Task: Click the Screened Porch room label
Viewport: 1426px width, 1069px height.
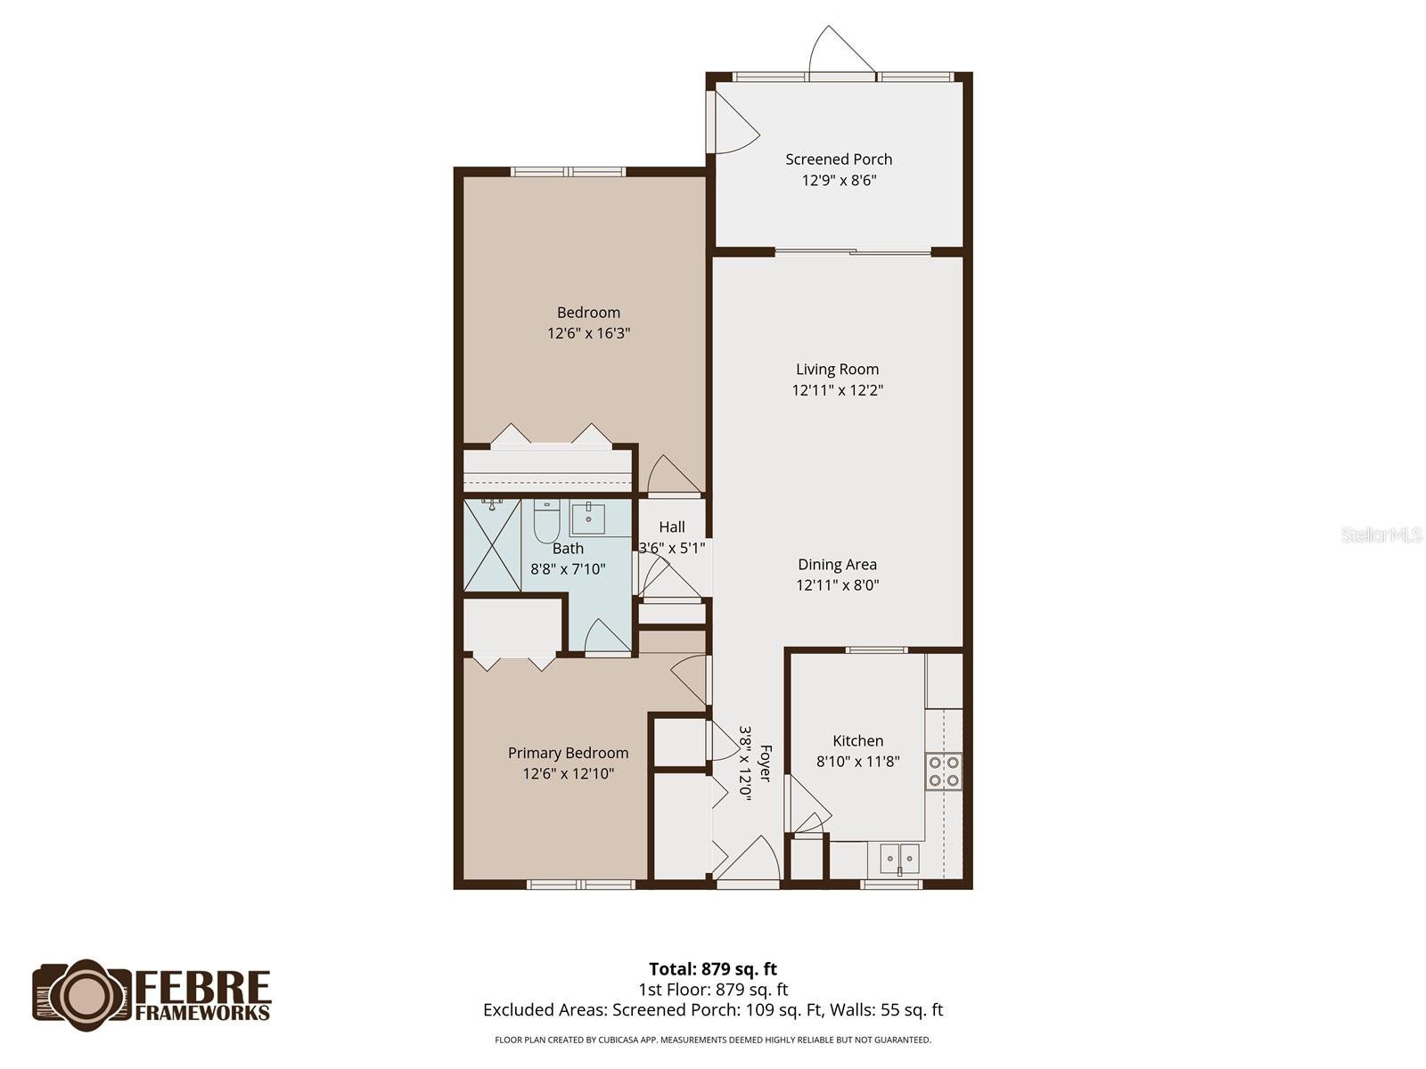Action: point(839,159)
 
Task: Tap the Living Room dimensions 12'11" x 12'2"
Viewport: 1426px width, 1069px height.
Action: point(837,390)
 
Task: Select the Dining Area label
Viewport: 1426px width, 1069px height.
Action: point(837,564)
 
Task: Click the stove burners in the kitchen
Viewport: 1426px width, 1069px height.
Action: point(944,771)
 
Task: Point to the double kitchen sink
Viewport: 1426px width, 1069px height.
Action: point(899,859)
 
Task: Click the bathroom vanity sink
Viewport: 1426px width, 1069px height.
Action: point(587,518)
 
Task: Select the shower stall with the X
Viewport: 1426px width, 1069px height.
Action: point(492,545)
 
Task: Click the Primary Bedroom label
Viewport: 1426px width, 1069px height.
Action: point(568,753)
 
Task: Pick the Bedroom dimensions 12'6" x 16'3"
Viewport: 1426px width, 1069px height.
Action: point(588,333)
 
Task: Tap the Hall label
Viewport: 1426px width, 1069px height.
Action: point(672,527)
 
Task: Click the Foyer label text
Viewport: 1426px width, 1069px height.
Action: point(765,763)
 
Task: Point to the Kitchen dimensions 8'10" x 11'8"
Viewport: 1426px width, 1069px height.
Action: point(857,762)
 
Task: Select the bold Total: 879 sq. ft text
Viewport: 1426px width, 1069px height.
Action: point(712,969)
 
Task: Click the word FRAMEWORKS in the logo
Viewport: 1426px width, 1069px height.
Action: point(202,1012)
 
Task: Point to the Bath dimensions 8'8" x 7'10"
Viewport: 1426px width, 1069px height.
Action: point(568,569)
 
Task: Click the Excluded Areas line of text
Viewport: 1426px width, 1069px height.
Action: point(712,1010)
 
